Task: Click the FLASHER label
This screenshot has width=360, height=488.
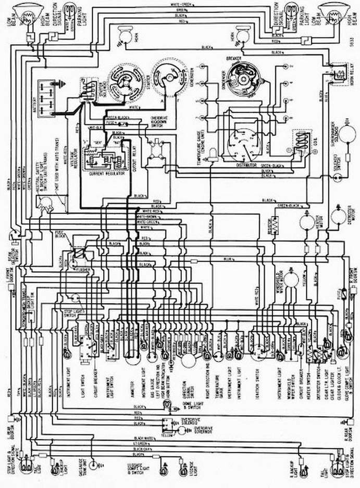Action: pos(82,271)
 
